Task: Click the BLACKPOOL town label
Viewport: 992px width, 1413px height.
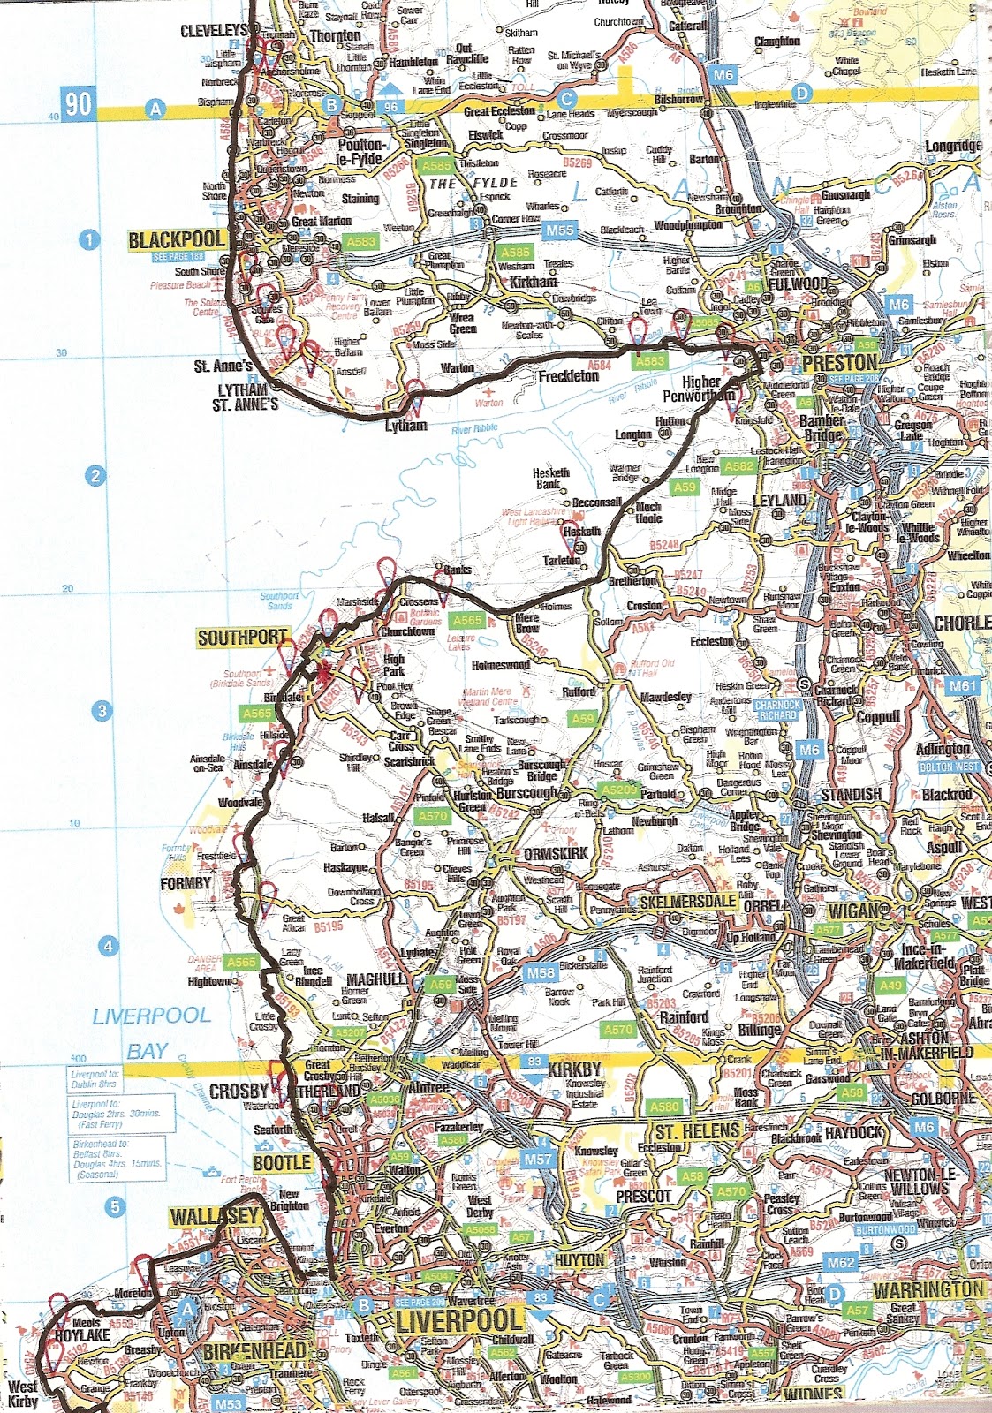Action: (177, 240)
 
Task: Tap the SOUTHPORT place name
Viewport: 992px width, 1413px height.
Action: (242, 638)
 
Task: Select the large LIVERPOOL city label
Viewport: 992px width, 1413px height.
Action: (459, 1321)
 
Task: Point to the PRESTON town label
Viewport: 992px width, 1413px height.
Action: (839, 363)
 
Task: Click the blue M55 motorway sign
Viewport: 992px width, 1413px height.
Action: (558, 230)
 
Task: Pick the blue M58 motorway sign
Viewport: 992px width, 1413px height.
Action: (541, 972)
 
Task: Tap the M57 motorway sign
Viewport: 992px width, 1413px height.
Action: (538, 1160)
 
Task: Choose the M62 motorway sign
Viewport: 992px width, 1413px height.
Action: (840, 1263)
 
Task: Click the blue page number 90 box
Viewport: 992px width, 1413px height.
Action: (77, 104)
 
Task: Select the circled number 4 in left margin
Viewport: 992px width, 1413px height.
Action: (108, 947)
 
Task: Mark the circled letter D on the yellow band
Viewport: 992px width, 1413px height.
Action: (801, 93)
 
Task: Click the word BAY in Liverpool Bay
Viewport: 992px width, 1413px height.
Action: (148, 1051)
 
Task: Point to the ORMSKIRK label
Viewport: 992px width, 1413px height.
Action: (556, 854)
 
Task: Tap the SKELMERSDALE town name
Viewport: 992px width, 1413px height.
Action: (688, 902)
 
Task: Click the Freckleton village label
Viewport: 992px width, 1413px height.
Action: (569, 376)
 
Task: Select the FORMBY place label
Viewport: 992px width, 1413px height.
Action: (186, 883)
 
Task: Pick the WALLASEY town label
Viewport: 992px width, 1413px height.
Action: (215, 1216)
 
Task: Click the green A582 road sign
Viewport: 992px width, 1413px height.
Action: (738, 466)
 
